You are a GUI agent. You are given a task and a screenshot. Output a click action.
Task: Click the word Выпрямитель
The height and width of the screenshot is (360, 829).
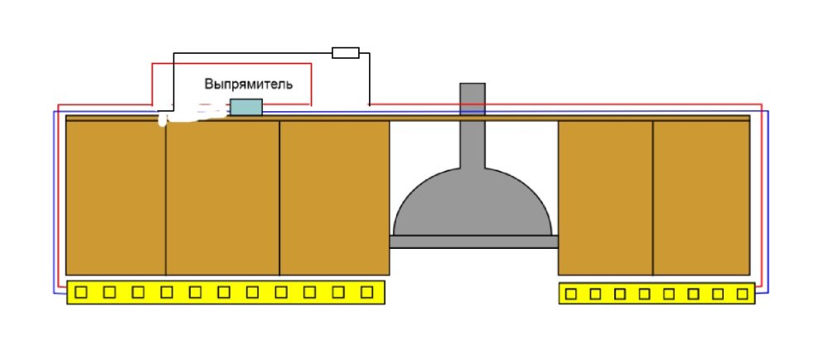248,85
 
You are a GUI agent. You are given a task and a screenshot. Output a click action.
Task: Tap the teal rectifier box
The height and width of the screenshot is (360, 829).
246,106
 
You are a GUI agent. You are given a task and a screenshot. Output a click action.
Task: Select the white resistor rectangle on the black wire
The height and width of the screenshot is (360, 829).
345,53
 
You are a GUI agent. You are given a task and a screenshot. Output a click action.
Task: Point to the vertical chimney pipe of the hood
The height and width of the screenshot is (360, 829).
472,124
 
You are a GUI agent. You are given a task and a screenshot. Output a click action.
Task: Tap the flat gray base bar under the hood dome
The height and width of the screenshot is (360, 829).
473,241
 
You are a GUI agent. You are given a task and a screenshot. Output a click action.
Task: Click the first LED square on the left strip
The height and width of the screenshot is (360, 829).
81,292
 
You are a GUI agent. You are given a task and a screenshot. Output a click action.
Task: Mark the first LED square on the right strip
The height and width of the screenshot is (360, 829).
571,293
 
